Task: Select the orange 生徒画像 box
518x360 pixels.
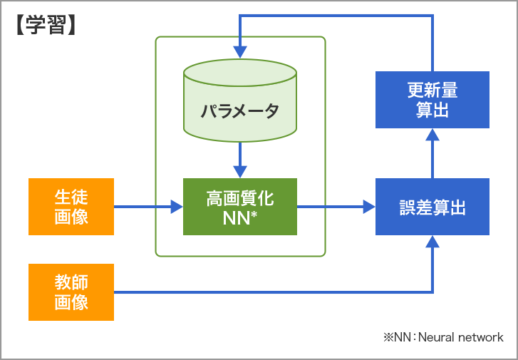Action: point(71,207)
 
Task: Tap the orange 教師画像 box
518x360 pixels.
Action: point(71,292)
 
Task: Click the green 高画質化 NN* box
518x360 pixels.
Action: point(240,207)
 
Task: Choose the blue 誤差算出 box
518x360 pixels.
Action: point(432,207)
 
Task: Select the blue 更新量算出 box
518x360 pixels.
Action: point(432,99)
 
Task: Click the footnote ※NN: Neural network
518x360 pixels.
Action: point(442,337)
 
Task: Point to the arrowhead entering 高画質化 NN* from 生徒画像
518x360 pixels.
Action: point(177,207)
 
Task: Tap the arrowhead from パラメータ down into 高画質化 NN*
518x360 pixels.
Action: point(240,171)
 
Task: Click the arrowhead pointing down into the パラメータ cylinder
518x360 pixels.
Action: point(240,52)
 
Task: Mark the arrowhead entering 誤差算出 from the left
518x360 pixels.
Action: point(368,207)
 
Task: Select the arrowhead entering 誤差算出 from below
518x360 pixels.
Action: point(432,242)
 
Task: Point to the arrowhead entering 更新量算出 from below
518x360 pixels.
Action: point(432,135)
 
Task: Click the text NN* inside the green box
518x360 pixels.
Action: point(240,218)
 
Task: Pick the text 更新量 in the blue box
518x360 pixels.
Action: point(432,90)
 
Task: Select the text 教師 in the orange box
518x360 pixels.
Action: point(71,282)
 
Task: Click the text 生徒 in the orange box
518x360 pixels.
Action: point(71,197)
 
